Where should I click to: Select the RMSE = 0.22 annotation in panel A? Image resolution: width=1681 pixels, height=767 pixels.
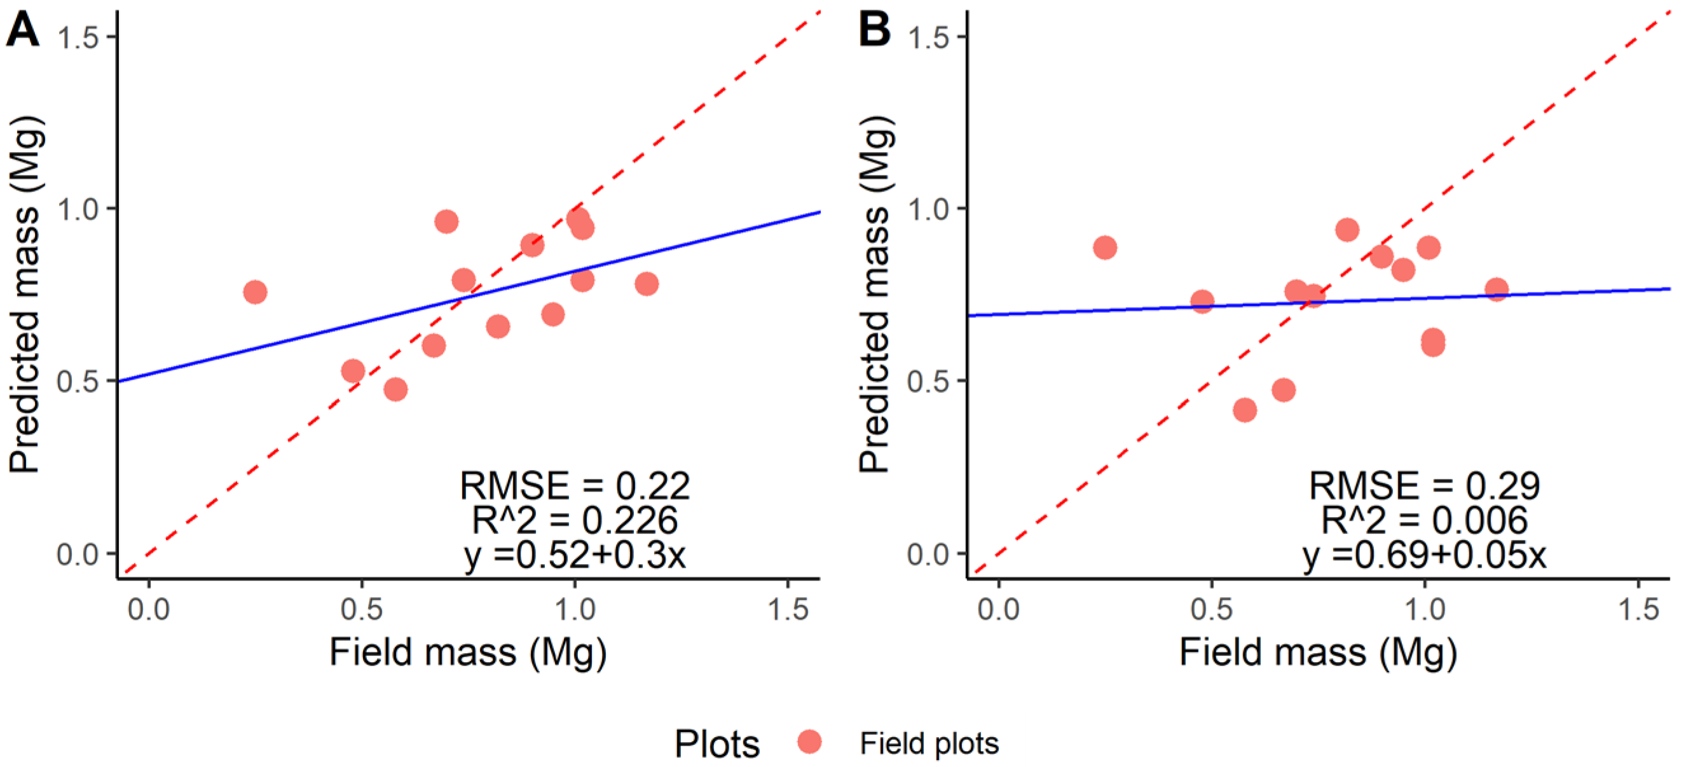pos(574,486)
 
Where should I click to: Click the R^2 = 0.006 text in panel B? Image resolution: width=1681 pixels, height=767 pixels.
pos(1424,520)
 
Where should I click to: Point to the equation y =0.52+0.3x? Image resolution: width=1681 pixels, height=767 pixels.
pos(574,555)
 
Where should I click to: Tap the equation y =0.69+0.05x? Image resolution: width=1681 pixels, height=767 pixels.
pos(1424,555)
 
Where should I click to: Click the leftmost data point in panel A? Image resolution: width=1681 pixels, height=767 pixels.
pos(255,292)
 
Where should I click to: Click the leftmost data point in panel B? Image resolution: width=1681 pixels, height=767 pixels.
pos(1105,247)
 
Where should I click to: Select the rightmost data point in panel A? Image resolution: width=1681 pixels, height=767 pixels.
pos(647,284)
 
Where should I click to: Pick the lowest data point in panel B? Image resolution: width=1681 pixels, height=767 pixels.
pos(1245,410)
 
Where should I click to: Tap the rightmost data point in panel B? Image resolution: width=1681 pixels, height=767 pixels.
pos(1497,289)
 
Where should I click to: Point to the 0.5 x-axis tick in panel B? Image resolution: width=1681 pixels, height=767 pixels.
pos(1211,610)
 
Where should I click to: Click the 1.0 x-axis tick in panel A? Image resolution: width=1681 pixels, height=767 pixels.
pos(574,610)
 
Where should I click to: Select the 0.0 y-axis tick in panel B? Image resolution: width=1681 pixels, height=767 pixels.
pos(928,554)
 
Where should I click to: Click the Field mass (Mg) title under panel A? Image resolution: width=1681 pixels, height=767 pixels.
pos(468,652)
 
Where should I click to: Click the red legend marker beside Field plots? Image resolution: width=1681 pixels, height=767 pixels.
pos(810,742)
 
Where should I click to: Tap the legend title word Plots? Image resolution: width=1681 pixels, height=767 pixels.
pos(717,743)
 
